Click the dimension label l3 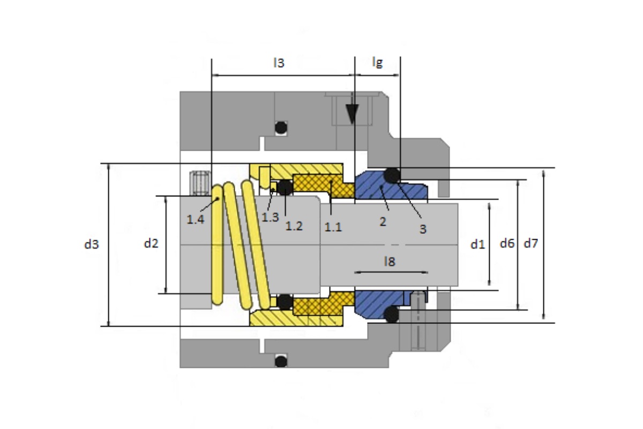coord(279,63)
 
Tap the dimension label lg coord(377,62)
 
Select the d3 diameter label coord(92,244)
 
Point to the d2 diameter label coord(151,243)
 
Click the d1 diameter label coord(477,244)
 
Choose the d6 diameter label coord(507,243)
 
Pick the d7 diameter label coord(531,243)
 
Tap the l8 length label coord(390,262)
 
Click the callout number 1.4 coord(196,219)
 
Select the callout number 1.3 coord(270,217)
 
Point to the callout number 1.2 coord(294,226)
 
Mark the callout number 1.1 coord(333,227)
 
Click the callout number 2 coord(383,221)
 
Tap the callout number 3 coord(423,229)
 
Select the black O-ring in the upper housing coord(281,128)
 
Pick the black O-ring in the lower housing coord(281,361)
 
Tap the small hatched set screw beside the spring coord(200,183)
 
